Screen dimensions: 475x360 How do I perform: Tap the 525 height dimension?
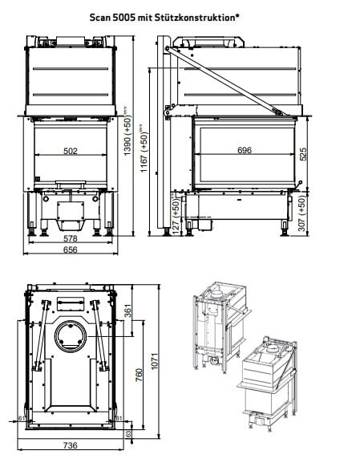tap(302, 154)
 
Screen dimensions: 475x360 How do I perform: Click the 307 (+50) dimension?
tap(302, 213)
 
